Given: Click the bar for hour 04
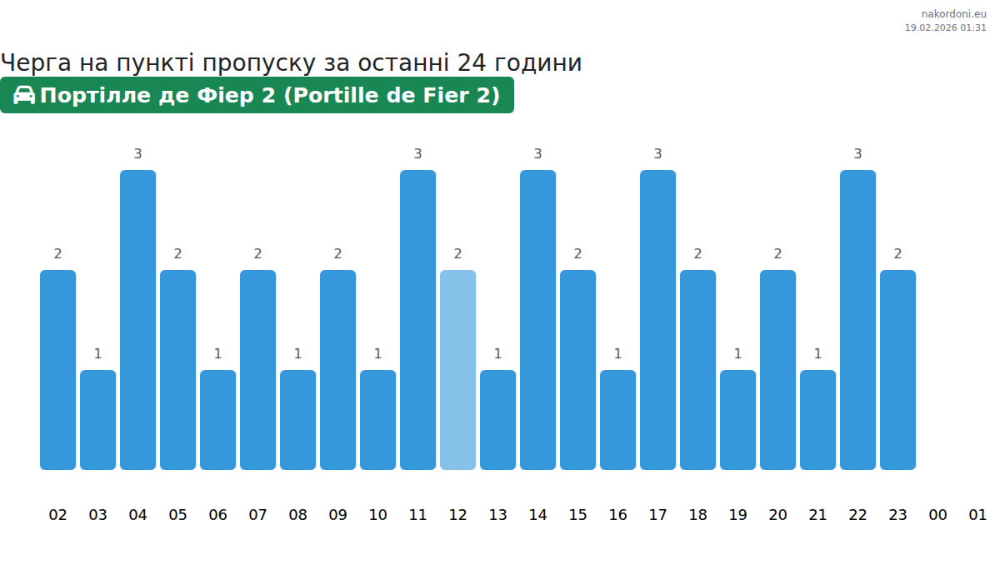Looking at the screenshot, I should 137,320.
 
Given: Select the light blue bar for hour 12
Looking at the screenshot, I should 457,370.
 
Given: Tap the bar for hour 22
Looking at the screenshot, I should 857,320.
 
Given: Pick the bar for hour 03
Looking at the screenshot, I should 97,420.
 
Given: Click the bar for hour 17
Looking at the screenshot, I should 657,320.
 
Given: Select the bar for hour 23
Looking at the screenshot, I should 897,370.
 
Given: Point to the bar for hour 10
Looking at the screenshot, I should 377,420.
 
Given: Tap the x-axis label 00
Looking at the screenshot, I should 937,515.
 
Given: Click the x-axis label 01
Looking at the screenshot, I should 977,515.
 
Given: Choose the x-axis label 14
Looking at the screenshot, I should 537,515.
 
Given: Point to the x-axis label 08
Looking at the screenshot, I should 297,515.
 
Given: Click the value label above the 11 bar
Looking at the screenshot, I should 417,154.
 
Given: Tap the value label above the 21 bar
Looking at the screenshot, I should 817,354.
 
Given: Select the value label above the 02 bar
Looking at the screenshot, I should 57,254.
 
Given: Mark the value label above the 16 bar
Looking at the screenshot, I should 617,354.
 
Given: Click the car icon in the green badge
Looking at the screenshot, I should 24,95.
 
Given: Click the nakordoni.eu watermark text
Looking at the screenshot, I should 953,14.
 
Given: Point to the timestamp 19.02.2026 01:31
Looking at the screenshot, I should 945,27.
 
